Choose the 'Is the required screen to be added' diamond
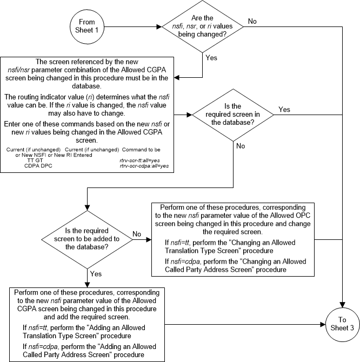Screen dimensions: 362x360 pyautogui.click(x=87, y=236)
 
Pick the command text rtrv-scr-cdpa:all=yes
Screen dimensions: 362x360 pyautogui.click(x=144, y=166)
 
